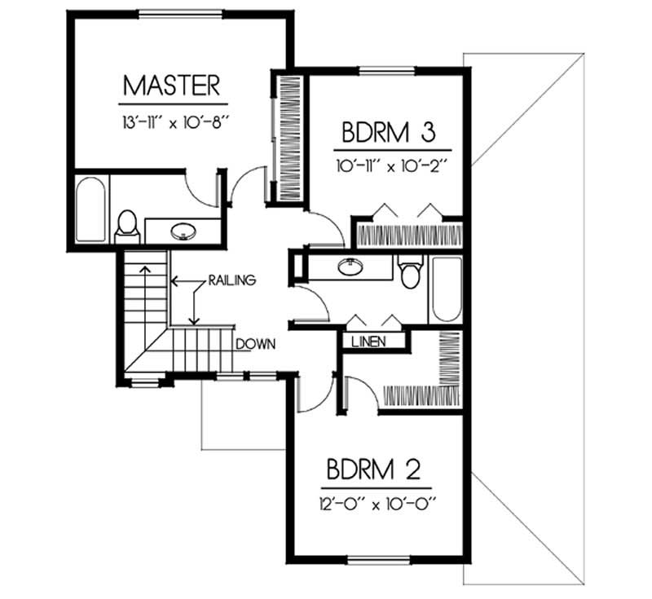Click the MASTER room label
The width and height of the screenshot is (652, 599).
[x=172, y=85]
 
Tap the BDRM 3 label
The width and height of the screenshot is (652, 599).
[x=391, y=131]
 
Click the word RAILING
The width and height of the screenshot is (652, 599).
[x=232, y=280]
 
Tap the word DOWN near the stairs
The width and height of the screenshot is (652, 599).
[x=255, y=343]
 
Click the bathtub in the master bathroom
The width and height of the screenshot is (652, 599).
[x=91, y=210]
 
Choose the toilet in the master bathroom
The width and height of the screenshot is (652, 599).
[x=127, y=226]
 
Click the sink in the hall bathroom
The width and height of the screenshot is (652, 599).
[x=352, y=266]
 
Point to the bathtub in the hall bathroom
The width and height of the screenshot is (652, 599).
[x=446, y=289]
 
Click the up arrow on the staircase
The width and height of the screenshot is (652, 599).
[x=145, y=277]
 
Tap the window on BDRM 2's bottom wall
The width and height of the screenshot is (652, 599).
[x=376, y=560]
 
